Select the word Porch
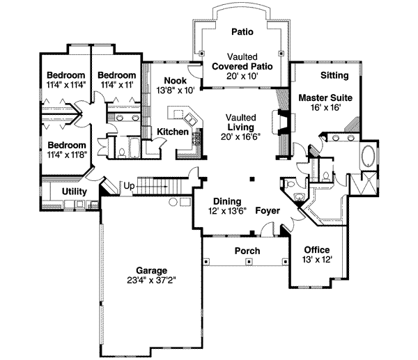point(247,251)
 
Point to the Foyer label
point(268,210)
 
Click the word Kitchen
point(171,132)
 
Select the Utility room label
point(74,191)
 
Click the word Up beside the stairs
point(129,186)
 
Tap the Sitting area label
point(333,75)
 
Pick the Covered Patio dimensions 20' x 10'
point(242,76)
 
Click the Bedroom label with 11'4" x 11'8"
point(65,146)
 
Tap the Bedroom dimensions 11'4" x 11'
point(116,84)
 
